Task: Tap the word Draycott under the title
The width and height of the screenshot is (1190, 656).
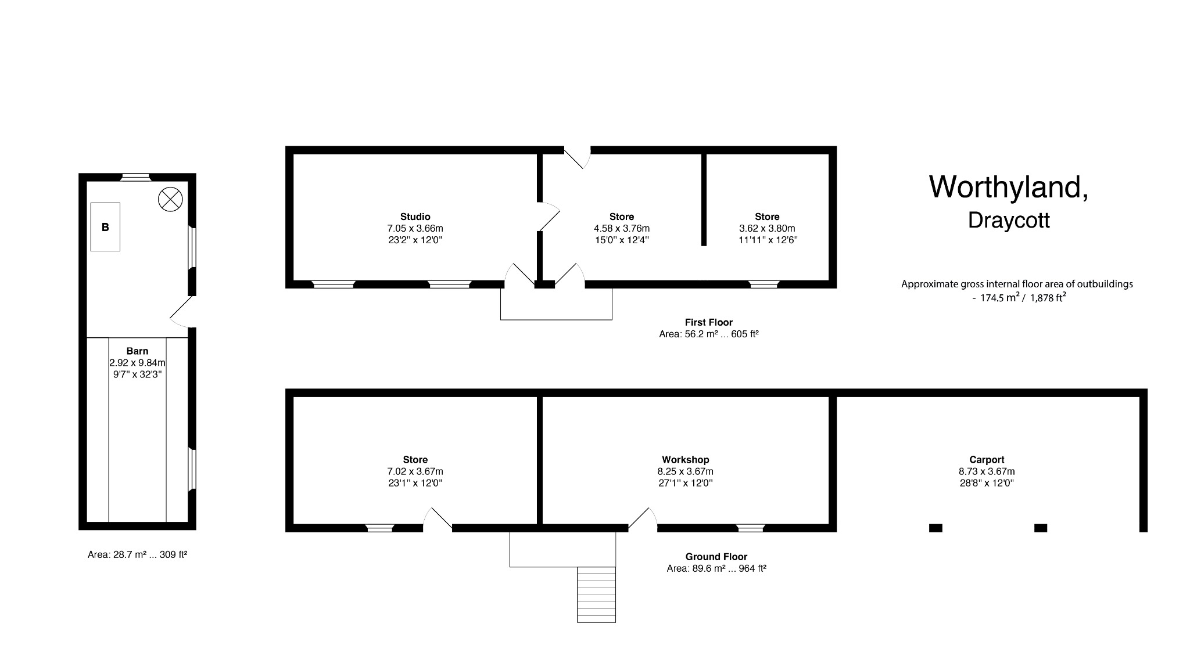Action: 1009,221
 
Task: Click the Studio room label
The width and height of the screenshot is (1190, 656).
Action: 415,217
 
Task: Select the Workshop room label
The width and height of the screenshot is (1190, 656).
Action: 685,460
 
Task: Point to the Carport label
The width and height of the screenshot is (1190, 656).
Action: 987,460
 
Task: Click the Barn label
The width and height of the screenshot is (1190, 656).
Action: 137,351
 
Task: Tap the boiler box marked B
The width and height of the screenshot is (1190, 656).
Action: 105,227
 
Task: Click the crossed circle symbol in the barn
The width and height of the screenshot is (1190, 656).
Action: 170,200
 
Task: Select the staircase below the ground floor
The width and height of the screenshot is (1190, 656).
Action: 596,594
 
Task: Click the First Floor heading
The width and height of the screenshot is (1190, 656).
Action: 708,322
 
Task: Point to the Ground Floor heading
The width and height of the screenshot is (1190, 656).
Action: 716,557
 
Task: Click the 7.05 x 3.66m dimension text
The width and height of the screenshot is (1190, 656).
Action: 415,229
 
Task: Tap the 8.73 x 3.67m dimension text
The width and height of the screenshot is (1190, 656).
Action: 987,471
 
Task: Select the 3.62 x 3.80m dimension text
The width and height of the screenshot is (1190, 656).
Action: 767,229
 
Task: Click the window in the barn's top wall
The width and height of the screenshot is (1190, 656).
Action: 135,177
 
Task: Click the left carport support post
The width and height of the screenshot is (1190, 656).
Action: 935,528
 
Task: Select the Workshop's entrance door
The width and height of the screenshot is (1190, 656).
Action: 643,520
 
